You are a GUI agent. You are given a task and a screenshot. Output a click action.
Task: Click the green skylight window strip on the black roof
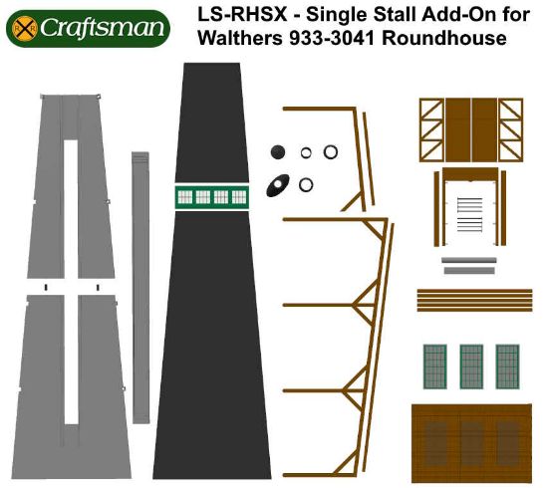pyautogui.click(x=210, y=196)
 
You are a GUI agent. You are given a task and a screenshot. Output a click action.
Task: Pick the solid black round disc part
pyautogui.click(x=279, y=151)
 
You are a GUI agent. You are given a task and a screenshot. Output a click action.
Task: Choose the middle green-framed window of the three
pyautogui.click(x=471, y=366)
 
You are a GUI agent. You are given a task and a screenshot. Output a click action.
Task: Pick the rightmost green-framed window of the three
pyautogui.click(x=507, y=366)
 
